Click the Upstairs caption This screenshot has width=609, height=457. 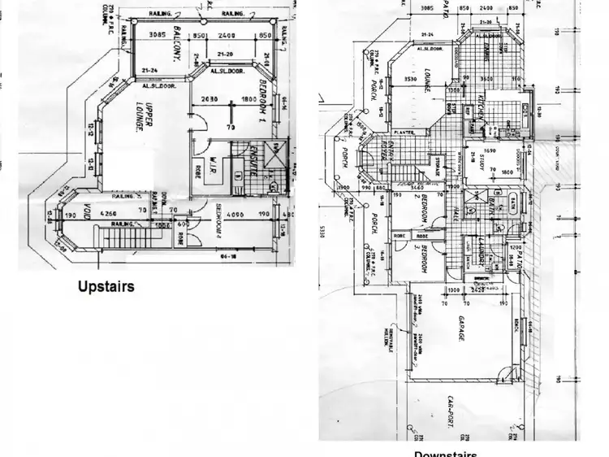click(106, 286)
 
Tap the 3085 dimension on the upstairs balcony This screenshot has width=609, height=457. click(156, 36)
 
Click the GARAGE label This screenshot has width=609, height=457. click(460, 326)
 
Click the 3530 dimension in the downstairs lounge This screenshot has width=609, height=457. click(410, 79)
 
